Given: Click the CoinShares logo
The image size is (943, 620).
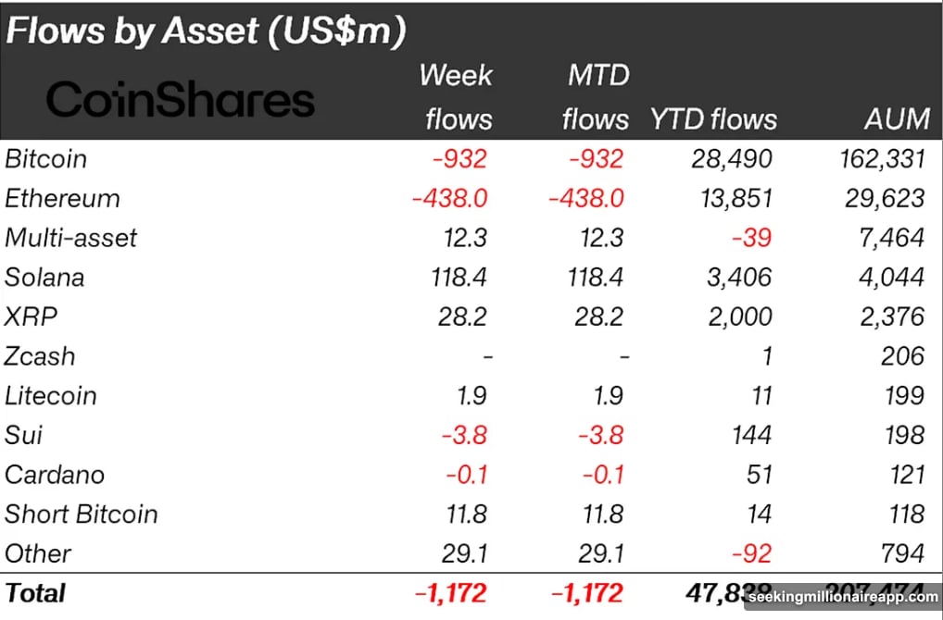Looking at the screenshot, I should [181, 99].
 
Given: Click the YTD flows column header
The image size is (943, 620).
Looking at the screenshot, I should [713, 119].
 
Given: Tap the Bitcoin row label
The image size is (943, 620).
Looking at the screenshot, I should [46, 159].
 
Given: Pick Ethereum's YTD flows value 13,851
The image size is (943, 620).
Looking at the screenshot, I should [731, 199].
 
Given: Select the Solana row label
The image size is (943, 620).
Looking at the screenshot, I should [44, 278].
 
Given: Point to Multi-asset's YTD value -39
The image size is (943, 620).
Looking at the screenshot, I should [751, 238].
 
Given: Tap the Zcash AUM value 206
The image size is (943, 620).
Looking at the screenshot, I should [902, 356].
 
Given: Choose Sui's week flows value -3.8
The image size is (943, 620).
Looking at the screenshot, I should [460, 435].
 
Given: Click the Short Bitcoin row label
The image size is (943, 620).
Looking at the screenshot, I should [82, 515].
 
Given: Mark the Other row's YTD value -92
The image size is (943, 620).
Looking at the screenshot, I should [751, 553].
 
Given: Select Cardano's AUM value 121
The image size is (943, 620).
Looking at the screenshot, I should [904, 475].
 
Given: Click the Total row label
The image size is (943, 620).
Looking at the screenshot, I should [35, 592].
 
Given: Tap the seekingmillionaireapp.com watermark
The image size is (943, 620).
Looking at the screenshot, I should [844, 598].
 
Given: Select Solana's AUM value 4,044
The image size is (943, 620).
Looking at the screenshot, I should [888, 278].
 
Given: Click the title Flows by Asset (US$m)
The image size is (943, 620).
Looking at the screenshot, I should [206, 31].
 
